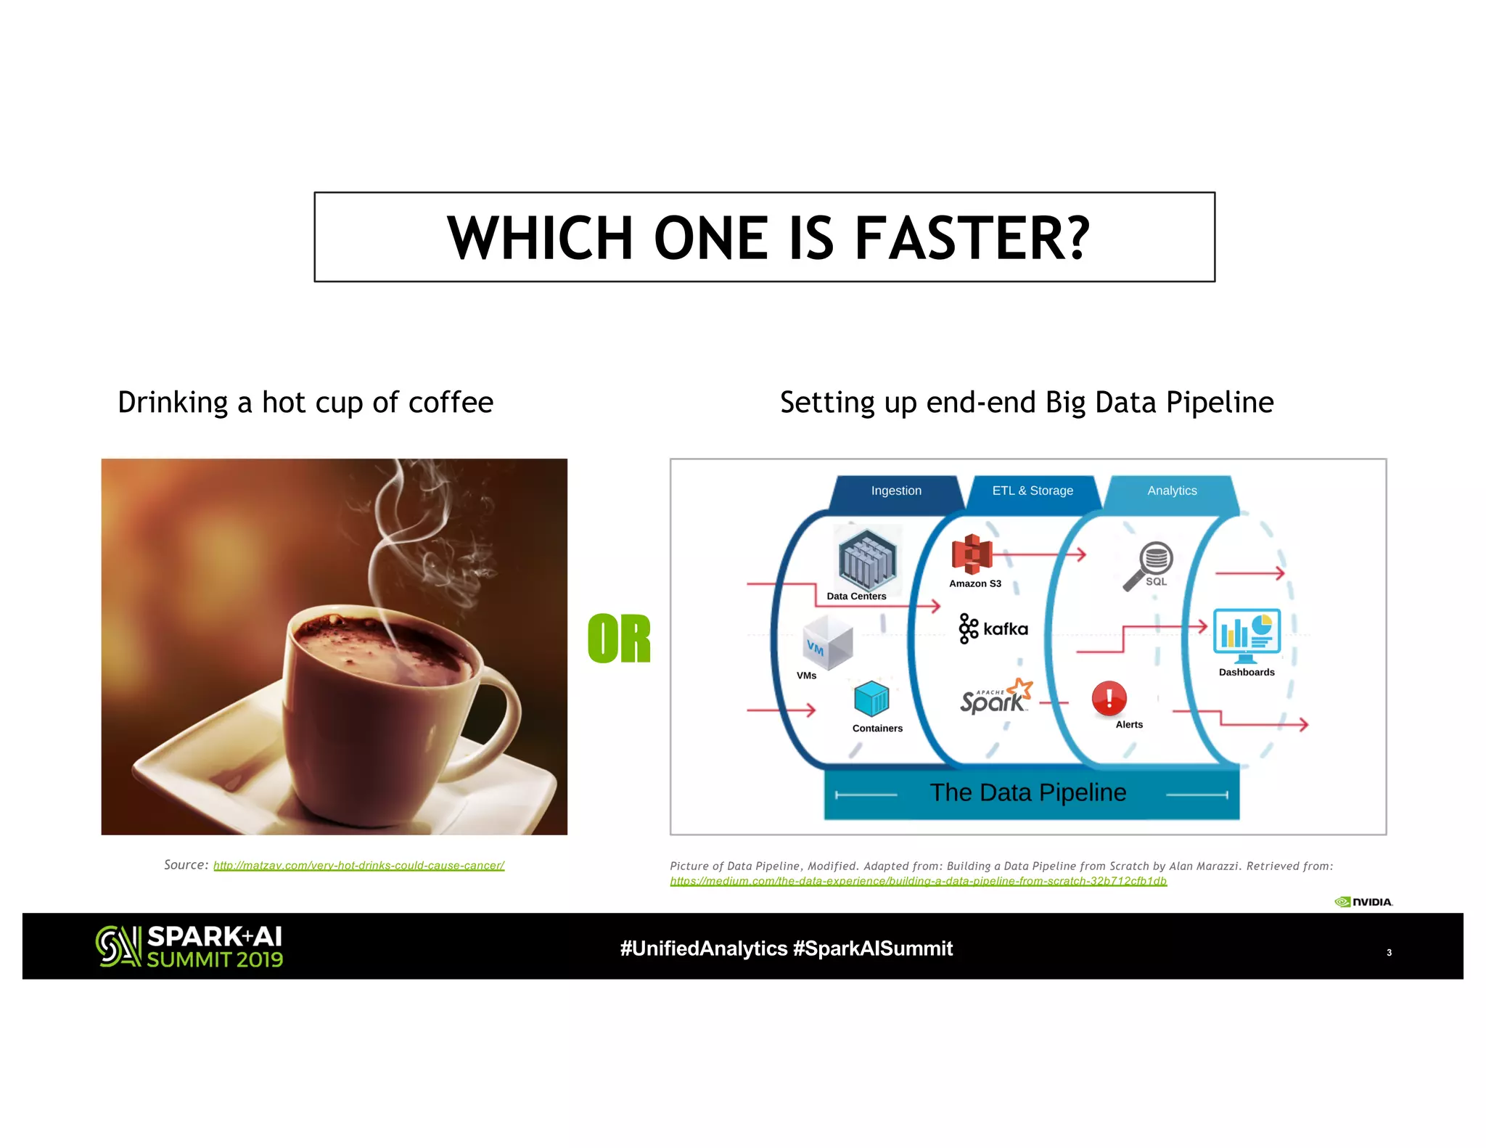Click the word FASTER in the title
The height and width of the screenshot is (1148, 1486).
pyautogui.click(x=972, y=238)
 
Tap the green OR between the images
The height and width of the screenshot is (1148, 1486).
pyautogui.click(x=619, y=639)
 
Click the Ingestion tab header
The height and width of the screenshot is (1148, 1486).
pyautogui.click(x=896, y=491)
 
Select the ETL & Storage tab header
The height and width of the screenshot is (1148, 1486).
pyautogui.click(x=1033, y=491)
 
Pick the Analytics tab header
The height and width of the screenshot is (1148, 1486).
pyautogui.click(x=1172, y=491)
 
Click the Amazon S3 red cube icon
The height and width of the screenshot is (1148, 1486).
pyautogui.click(x=972, y=554)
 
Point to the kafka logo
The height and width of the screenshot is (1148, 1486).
pyautogui.click(x=993, y=628)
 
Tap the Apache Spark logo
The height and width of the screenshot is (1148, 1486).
pyautogui.click(x=995, y=697)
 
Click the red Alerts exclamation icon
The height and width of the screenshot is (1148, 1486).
pyautogui.click(x=1109, y=699)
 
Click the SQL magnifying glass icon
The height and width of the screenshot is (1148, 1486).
pyautogui.click(x=1149, y=565)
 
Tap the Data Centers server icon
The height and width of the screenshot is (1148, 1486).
pyautogui.click(x=867, y=559)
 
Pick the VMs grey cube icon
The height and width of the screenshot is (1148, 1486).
pyautogui.click(x=828, y=643)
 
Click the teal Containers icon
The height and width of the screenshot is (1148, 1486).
pyautogui.click(x=871, y=699)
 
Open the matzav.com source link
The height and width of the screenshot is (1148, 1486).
pyautogui.click(x=358, y=866)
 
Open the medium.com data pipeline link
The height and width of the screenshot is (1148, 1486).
pyautogui.click(x=918, y=882)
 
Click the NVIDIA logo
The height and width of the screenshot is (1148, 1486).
pyautogui.click(x=1363, y=902)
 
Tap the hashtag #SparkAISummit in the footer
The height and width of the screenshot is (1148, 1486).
pyautogui.click(x=873, y=948)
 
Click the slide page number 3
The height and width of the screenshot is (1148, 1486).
pyautogui.click(x=1389, y=953)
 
